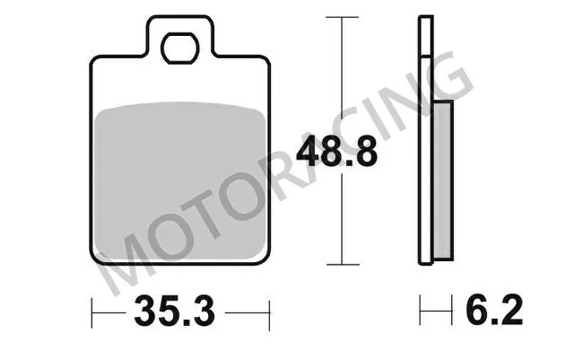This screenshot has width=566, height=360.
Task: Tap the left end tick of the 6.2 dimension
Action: pyautogui.click(x=421, y=313)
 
